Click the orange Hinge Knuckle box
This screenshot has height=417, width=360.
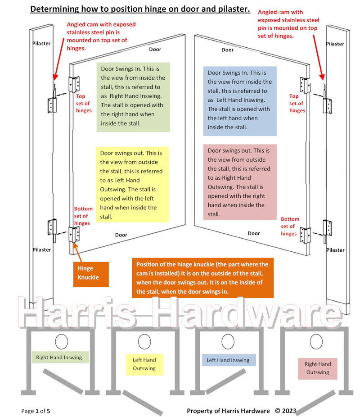click(91, 274)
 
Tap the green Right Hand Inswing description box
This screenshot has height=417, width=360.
click(133, 97)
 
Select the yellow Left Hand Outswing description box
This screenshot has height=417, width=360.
click(132, 184)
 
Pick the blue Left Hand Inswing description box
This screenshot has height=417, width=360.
click(240, 101)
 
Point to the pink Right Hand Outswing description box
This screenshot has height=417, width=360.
click(240, 182)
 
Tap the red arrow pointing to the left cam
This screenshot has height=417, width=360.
click(58, 59)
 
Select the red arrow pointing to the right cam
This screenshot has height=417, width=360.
click(318, 57)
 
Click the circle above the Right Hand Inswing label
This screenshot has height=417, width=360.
click(61, 342)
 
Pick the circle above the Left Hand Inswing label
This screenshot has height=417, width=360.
click(228, 342)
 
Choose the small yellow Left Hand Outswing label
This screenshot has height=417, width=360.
click(144, 364)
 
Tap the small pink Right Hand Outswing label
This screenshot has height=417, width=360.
click(318, 368)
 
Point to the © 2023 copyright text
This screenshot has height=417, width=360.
click(286, 411)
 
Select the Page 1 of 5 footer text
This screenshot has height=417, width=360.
click(36, 411)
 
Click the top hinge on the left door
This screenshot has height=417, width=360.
click(74, 84)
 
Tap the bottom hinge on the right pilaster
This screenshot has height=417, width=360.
click(327, 228)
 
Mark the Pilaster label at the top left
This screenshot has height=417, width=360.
click(41, 43)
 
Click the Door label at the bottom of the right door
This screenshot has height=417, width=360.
click(254, 233)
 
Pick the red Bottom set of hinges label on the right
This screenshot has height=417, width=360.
click(290, 227)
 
